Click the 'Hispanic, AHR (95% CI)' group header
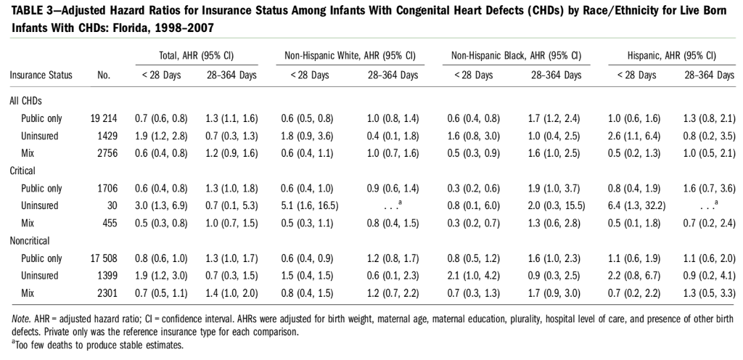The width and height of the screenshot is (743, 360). coord(672,55)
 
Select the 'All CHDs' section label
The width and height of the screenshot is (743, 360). coord(26,100)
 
